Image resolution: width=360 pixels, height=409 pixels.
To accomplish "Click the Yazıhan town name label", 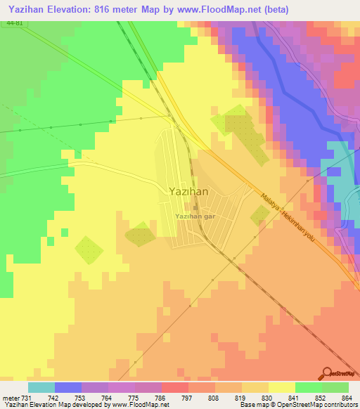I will point(187,190).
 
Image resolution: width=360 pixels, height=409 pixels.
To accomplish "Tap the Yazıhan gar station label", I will point(195,216).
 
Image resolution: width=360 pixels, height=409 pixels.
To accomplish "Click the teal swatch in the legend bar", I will point(41,387).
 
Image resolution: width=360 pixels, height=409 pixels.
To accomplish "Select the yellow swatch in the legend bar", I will point(281,387).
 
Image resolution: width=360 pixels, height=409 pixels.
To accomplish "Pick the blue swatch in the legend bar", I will point(68,387).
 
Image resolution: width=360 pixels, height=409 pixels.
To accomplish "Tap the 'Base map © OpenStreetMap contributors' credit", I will point(299,405).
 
